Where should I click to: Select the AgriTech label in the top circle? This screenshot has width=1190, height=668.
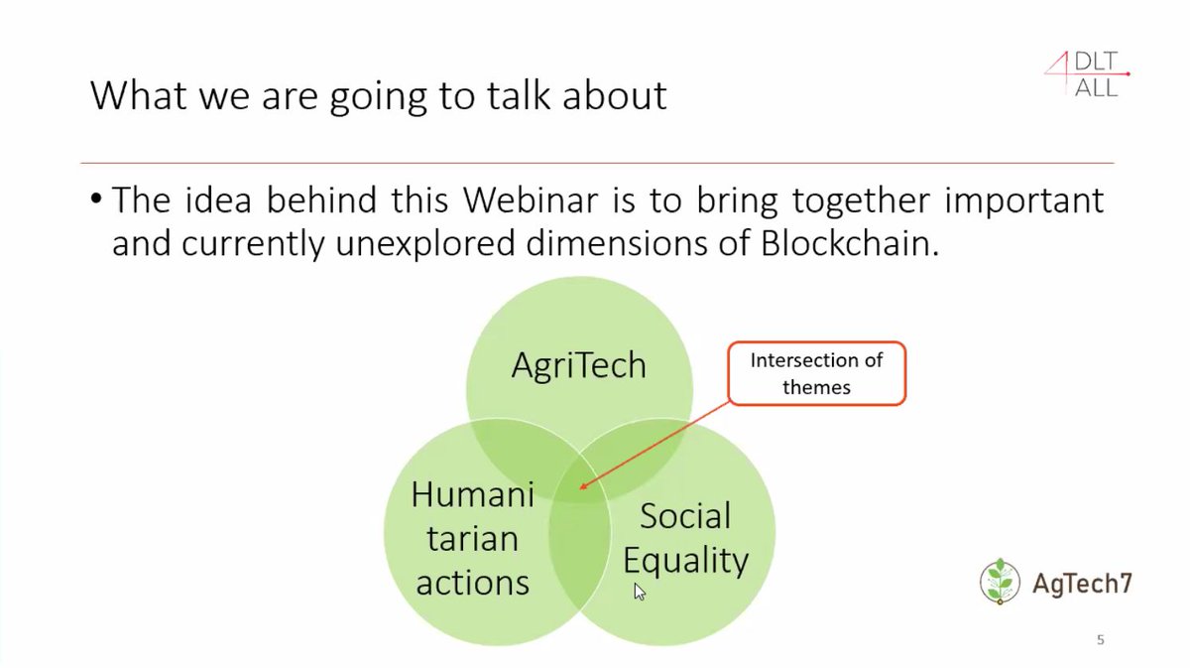pos(578,365)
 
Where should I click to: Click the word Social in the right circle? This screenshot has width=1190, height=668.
pos(685,515)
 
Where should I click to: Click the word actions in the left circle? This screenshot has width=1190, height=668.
pos(473,582)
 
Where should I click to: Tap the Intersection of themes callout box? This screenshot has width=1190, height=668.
pos(816,373)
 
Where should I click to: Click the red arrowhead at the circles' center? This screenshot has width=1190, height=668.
pos(582,486)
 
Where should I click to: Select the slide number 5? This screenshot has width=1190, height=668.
pos(1100,640)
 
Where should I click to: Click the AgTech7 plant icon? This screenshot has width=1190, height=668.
pos(999,582)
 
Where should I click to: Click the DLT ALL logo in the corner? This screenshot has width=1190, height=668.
pos(1086,74)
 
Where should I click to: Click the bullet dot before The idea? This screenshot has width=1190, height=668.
pos(96,200)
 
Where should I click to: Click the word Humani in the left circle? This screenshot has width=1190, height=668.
pos(473,494)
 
